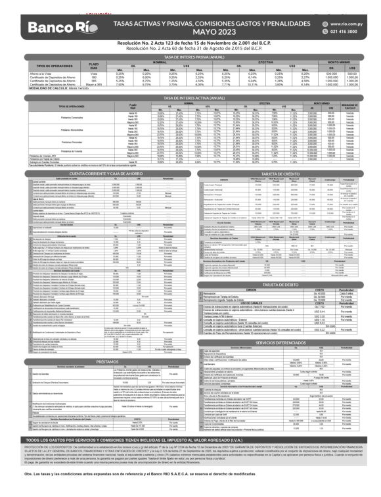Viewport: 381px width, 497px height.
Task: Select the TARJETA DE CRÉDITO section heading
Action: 284,172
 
